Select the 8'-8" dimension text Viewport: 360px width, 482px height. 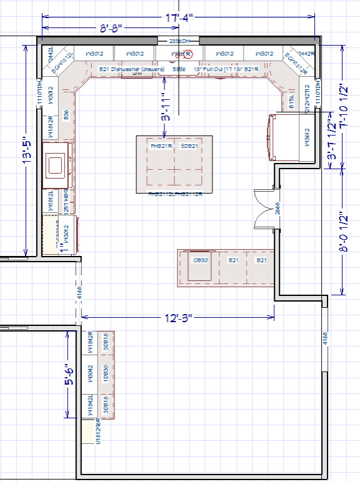coord(114,29)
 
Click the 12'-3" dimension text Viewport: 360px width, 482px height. coord(178,318)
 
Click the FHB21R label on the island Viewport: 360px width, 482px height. coord(161,146)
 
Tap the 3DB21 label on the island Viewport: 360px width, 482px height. coord(189,146)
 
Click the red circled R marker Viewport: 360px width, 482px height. coord(190,54)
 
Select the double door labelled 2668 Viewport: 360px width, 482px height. coord(266,210)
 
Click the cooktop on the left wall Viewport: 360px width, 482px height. coord(55,165)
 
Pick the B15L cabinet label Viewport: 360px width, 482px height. coord(291,100)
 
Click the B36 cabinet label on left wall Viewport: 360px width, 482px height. coord(66,116)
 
